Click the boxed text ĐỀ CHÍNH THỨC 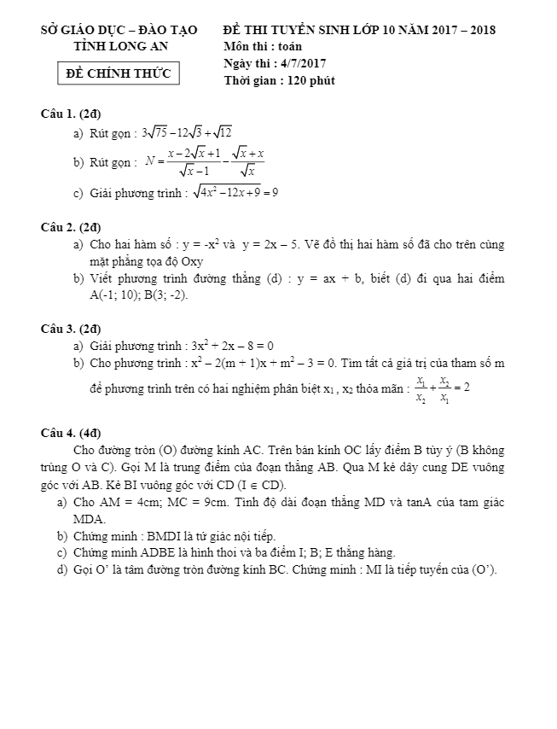pyautogui.click(x=119, y=73)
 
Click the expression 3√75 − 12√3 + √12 pyautogui.click(x=187, y=132)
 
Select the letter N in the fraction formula pyautogui.click(x=151, y=160)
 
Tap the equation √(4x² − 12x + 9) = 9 pyautogui.click(x=235, y=192)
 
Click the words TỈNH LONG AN pyautogui.click(x=119, y=46)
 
